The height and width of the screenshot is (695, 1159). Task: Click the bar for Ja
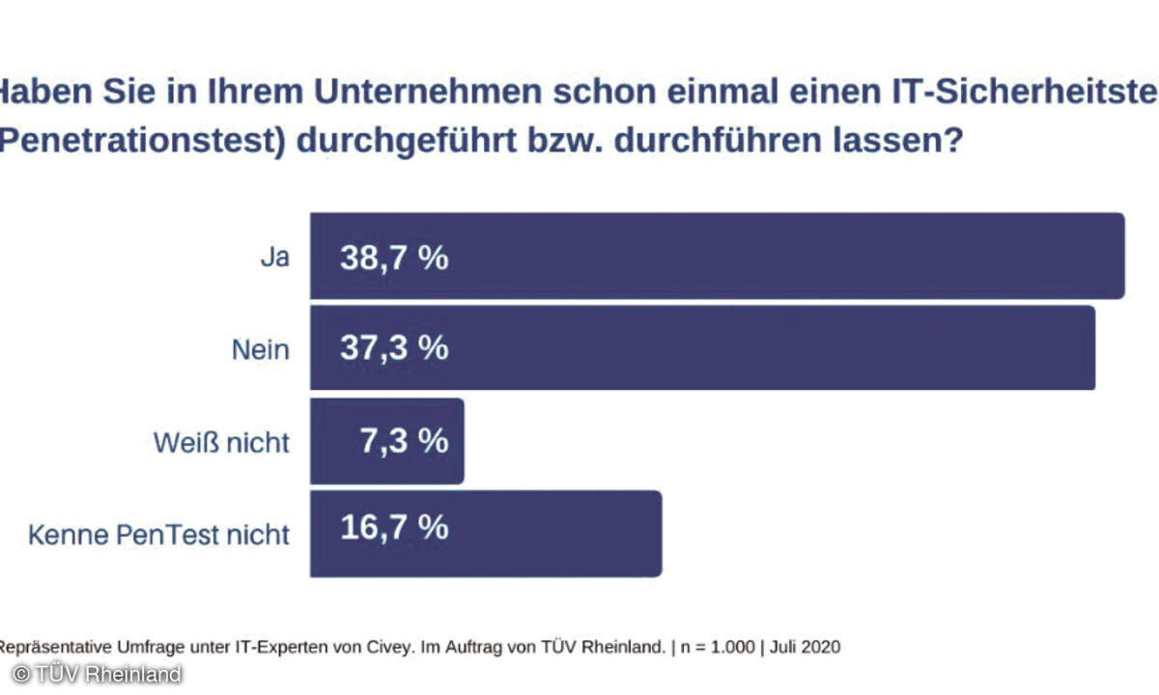pos(717,256)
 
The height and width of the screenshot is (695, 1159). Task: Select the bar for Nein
pos(702,348)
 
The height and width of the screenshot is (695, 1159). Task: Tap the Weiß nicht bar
pos(386,441)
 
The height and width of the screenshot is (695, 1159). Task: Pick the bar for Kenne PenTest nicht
pos(486,534)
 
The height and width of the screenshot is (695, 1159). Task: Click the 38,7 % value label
pos(394,259)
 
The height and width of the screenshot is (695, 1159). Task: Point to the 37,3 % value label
pos(394,348)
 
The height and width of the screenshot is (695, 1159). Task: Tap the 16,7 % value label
pos(394,528)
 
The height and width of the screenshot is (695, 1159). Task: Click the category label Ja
pos(274,259)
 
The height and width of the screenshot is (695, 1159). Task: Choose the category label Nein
pos(260,349)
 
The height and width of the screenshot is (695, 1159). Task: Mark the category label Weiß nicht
pos(221,442)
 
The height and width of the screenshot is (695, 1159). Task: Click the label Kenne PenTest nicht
pos(158,534)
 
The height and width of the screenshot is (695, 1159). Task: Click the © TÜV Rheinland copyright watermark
pos(96,674)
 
